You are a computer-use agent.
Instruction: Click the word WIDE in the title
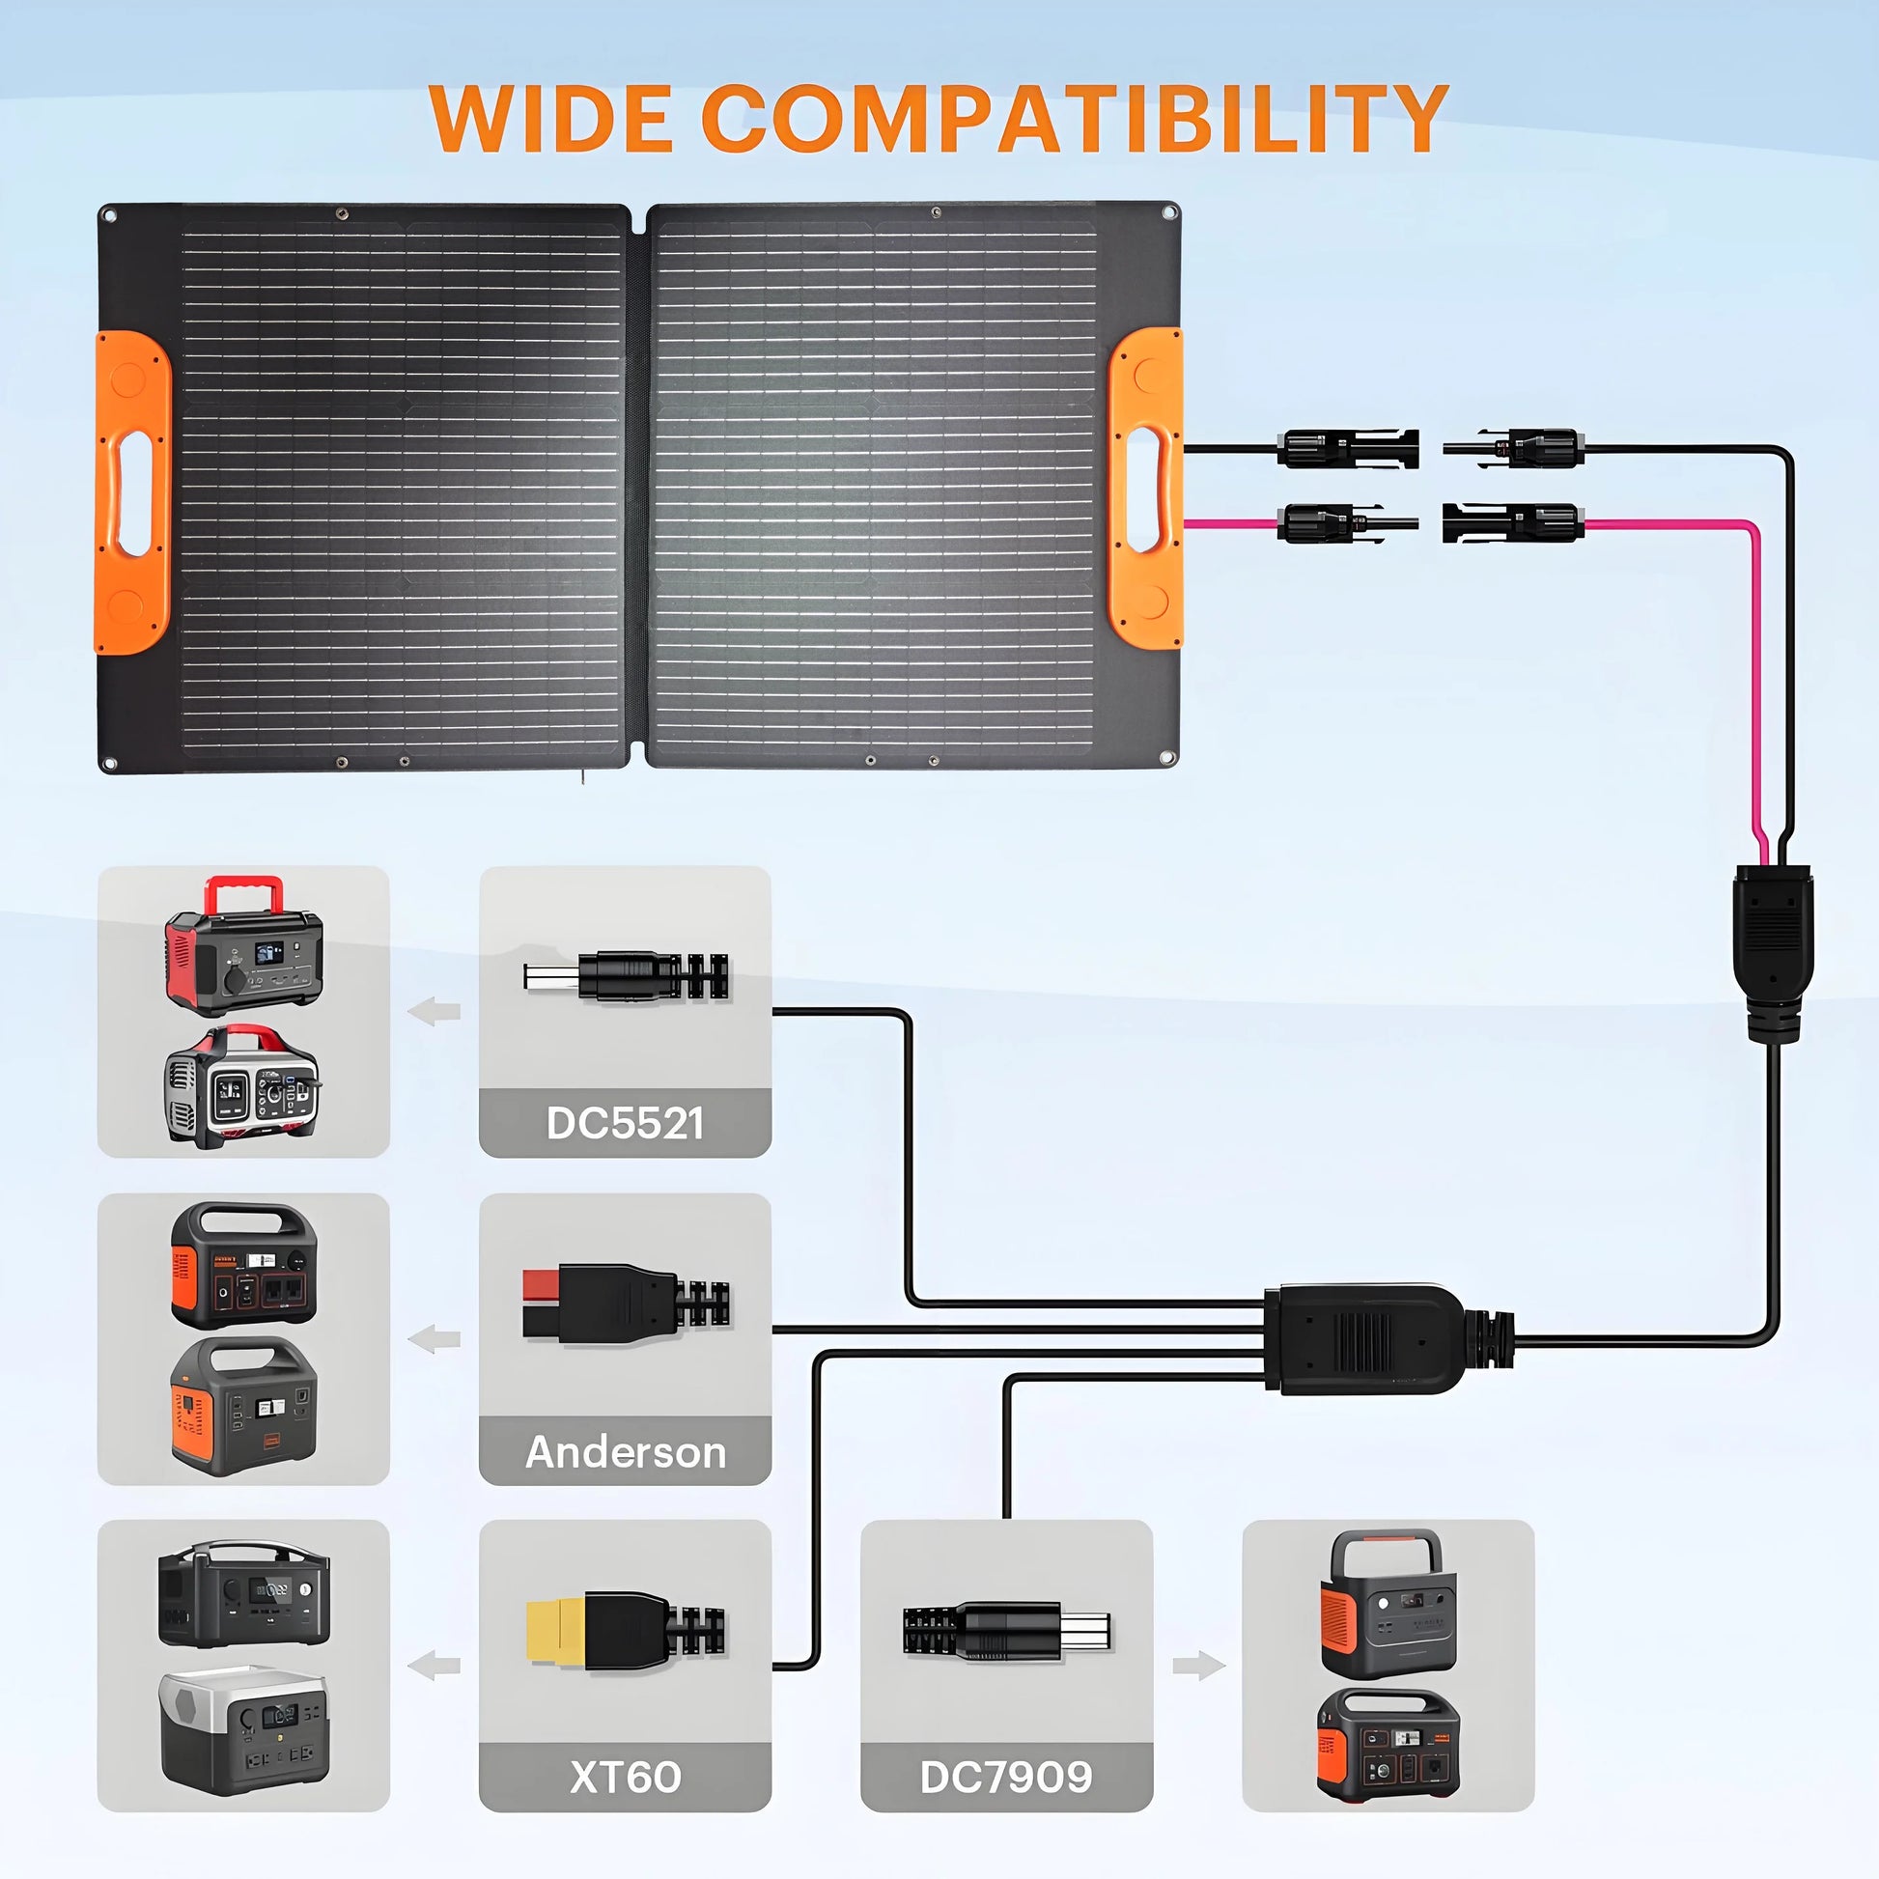click(x=550, y=119)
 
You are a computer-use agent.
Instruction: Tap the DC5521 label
click(x=625, y=1123)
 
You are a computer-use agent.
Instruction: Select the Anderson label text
click(x=626, y=1452)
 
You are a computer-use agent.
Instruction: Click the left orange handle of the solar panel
click(x=132, y=492)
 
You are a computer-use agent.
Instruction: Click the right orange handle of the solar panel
click(x=1148, y=489)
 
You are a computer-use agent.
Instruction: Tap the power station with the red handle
click(x=244, y=948)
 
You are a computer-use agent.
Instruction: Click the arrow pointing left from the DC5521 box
click(x=434, y=1012)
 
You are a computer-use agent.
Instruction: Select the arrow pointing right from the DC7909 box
click(x=1198, y=1666)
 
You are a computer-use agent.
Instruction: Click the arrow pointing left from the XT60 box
click(x=434, y=1666)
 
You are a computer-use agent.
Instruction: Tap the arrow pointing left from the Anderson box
click(x=434, y=1339)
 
